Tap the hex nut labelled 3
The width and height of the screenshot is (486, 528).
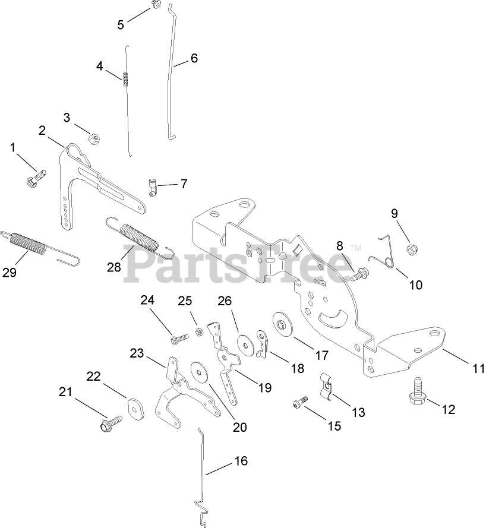[93, 138]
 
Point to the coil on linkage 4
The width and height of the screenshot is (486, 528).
[125, 78]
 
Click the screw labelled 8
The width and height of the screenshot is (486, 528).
[359, 276]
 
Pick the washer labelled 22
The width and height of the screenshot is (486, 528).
[136, 410]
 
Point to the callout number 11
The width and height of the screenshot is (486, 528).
[474, 368]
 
